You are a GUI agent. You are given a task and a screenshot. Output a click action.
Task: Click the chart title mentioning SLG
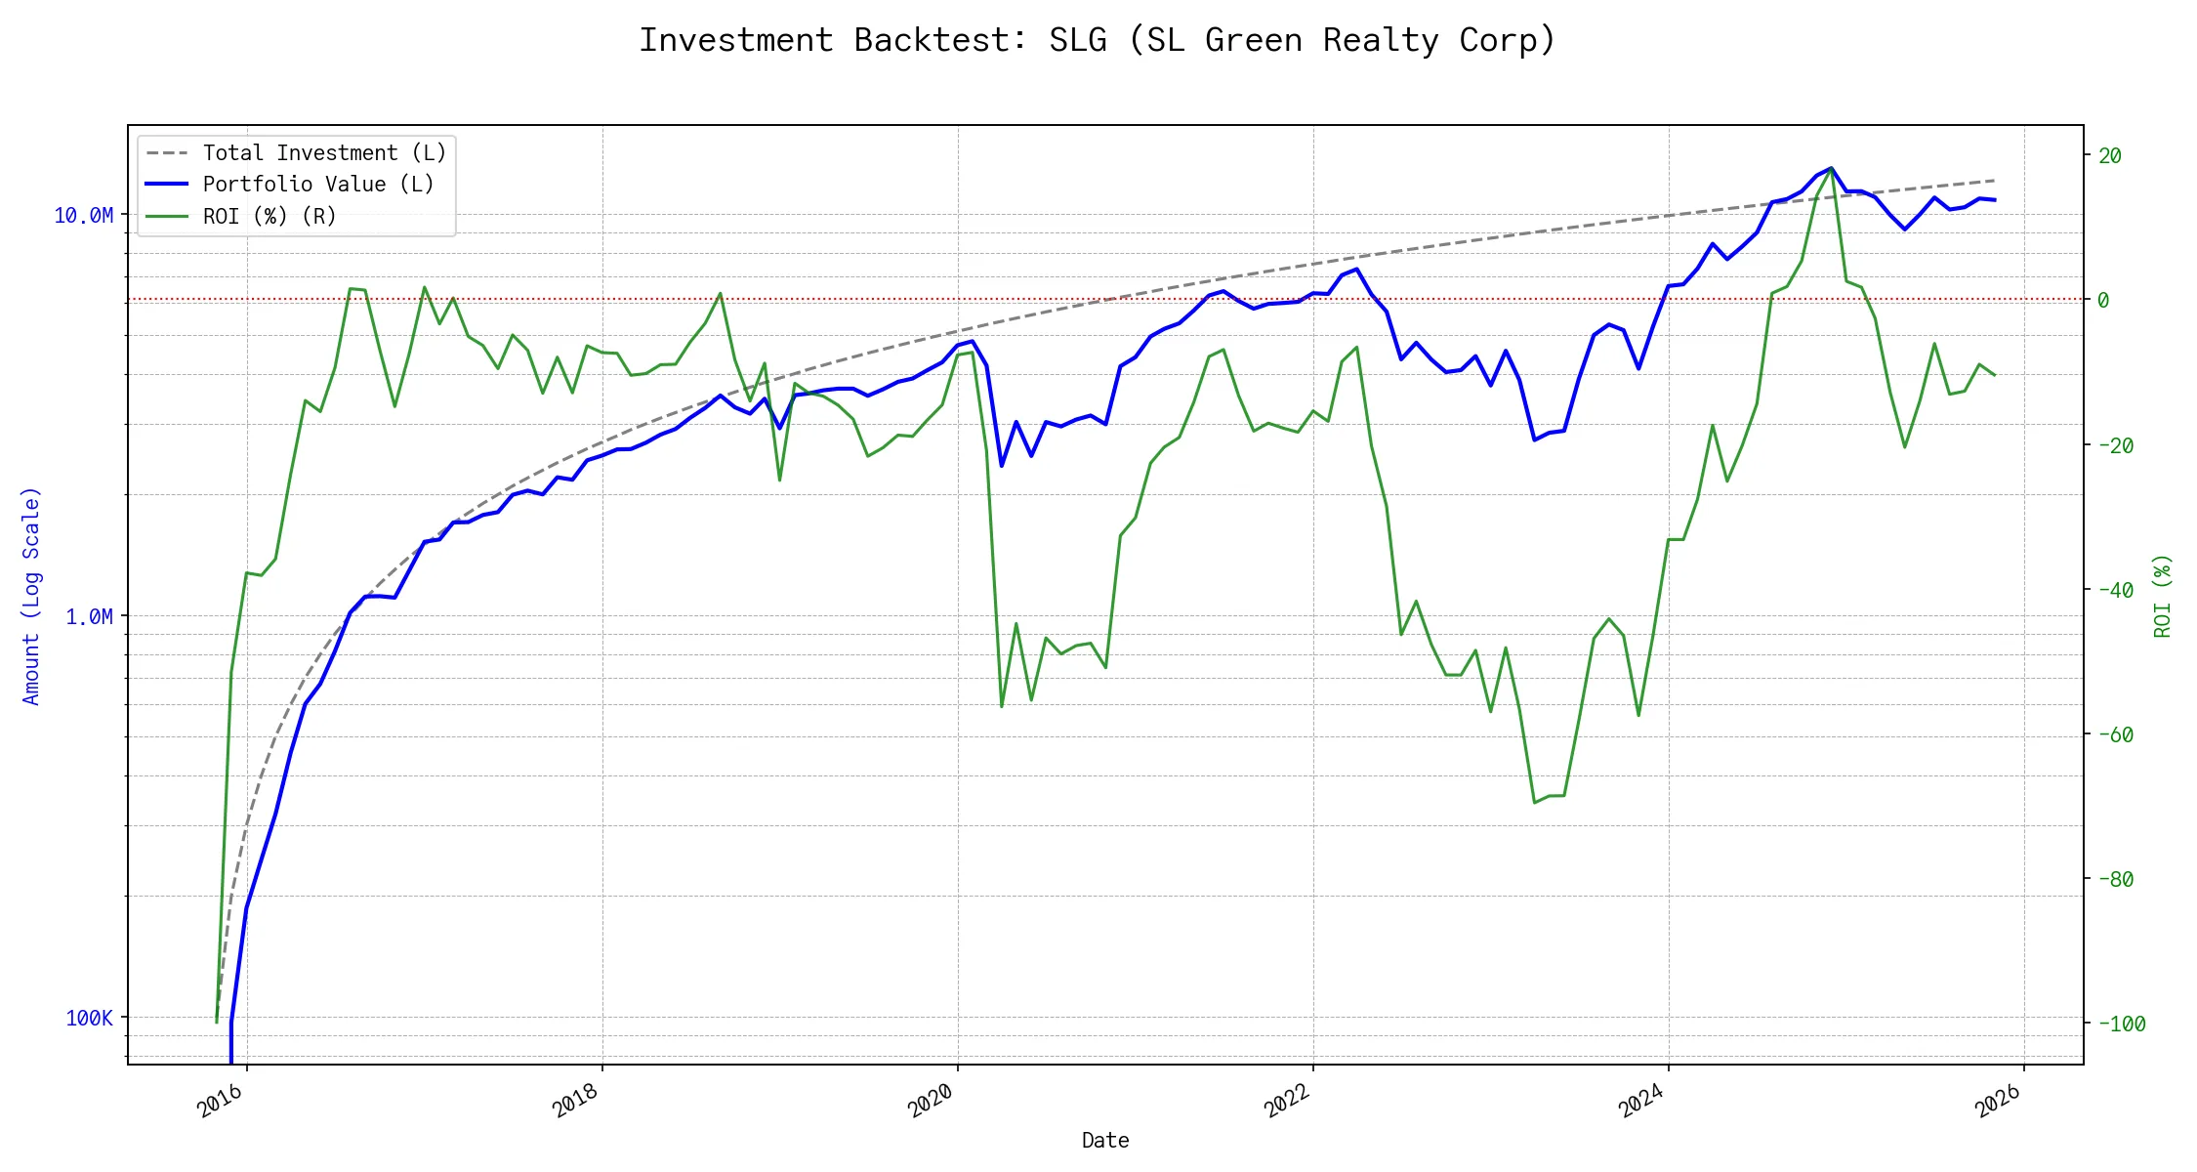click(x=1097, y=40)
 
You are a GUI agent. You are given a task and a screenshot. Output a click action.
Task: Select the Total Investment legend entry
click(x=324, y=153)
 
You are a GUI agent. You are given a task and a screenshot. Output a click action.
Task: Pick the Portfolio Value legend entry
click(x=318, y=185)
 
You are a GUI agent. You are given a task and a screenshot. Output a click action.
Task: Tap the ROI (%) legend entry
click(x=269, y=217)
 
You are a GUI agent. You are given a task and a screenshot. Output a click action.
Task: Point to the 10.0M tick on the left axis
click(x=83, y=216)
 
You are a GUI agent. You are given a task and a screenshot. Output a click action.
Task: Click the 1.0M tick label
click(x=89, y=617)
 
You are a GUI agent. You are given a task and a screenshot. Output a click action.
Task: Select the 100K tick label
click(x=89, y=1019)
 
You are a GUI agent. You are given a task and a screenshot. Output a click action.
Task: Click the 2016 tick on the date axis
click(x=221, y=1102)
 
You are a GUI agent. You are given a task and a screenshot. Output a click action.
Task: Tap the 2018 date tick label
click(x=576, y=1102)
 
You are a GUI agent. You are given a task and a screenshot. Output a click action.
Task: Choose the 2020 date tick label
click(x=932, y=1102)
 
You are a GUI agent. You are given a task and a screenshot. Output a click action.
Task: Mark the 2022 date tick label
click(x=1287, y=1102)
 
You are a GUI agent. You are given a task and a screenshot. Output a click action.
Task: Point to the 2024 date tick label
click(x=1642, y=1102)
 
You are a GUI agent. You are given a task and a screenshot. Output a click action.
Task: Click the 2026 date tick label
click(x=1998, y=1102)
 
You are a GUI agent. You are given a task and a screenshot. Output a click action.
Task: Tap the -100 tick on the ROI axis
click(x=2121, y=1025)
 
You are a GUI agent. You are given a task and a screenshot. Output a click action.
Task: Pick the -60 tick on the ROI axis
click(x=2115, y=735)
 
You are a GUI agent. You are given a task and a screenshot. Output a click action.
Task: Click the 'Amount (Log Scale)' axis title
click(x=31, y=596)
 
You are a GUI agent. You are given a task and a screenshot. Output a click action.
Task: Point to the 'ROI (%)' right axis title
click(x=2163, y=596)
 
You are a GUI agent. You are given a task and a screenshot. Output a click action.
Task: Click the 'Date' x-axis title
click(x=1105, y=1141)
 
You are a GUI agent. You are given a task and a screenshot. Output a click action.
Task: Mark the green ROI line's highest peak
click(x=1831, y=168)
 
